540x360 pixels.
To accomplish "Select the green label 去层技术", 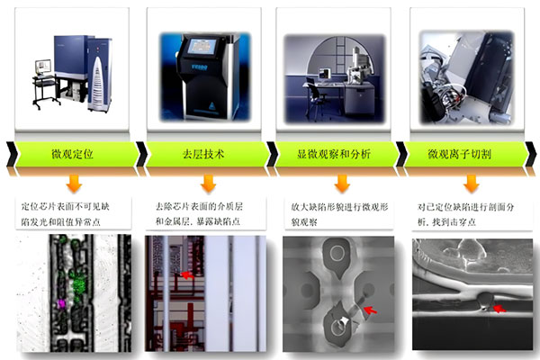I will [202, 154].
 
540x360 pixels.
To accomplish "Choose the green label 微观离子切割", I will [464, 154].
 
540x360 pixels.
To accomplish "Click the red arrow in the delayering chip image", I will [186, 274].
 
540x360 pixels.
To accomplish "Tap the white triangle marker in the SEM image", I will [345, 319].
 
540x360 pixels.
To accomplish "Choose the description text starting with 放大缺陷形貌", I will [337, 212].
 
